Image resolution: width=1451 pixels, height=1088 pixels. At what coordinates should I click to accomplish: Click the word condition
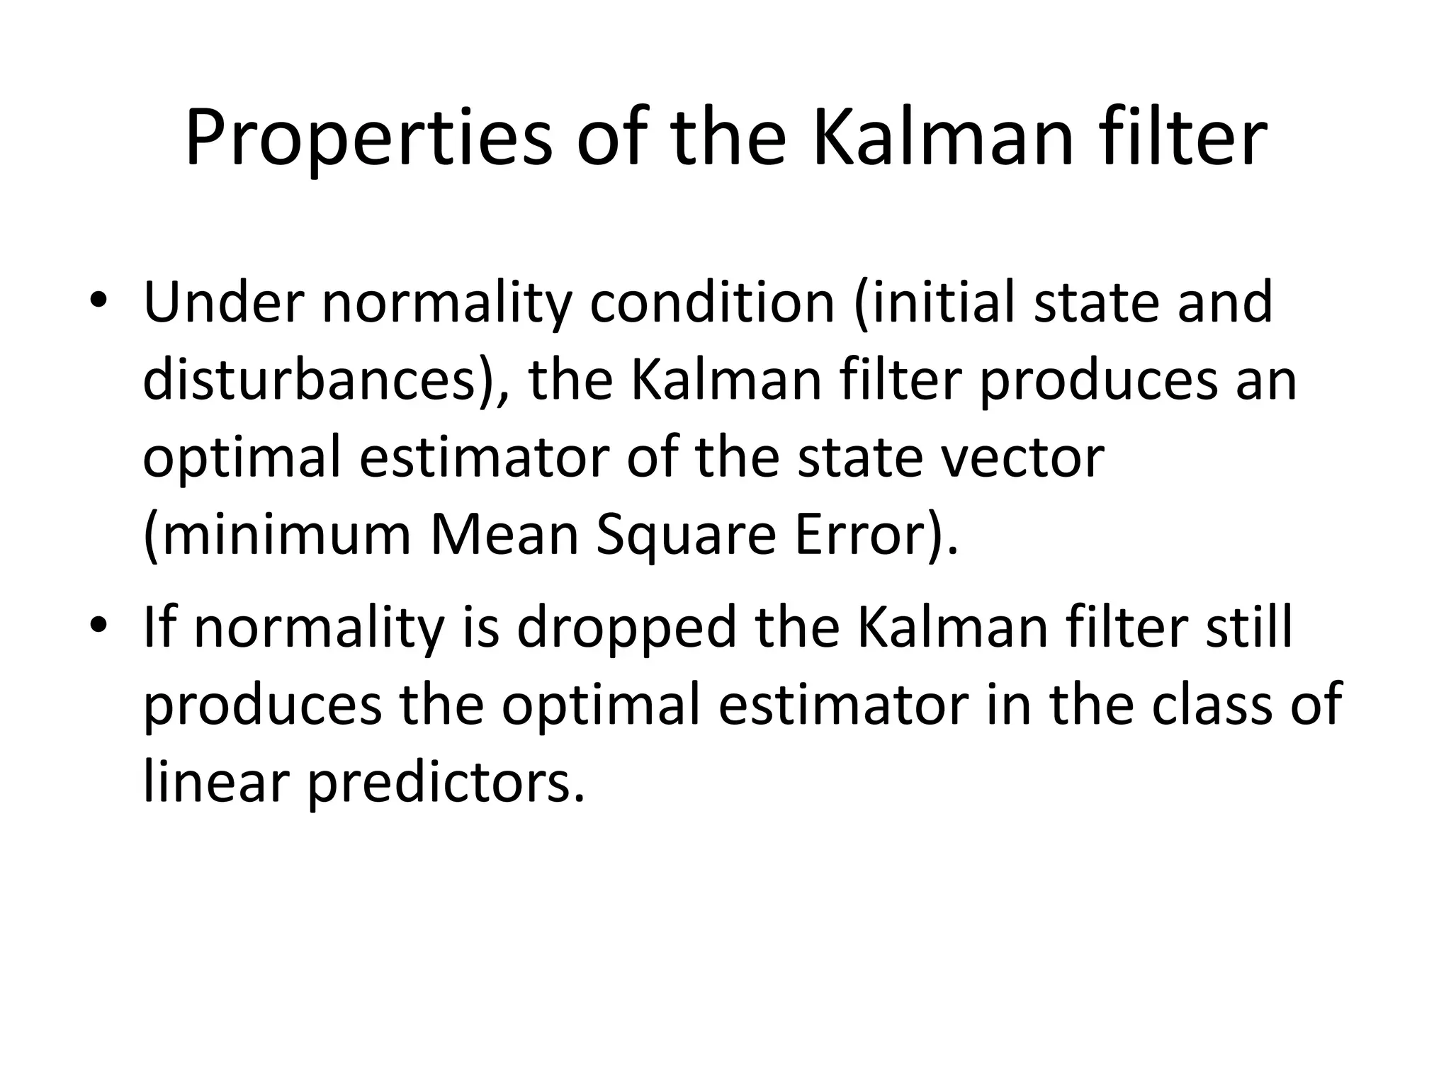click(711, 303)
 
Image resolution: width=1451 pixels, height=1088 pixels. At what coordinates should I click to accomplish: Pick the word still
click(1250, 628)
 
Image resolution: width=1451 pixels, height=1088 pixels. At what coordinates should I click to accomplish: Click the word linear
click(217, 783)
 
